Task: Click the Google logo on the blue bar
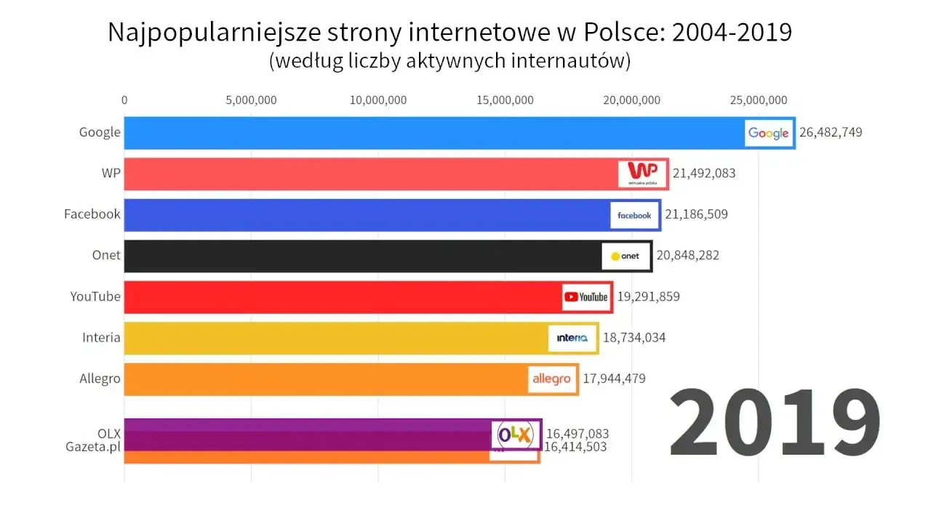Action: (x=769, y=133)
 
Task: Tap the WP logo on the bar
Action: (x=642, y=174)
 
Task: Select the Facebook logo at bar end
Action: (x=634, y=215)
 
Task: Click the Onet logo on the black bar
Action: (x=626, y=256)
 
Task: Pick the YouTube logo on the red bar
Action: (x=586, y=296)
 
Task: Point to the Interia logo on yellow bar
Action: (x=572, y=338)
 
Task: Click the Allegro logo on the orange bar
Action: (x=551, y=378)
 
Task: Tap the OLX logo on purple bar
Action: (x=515, y=434)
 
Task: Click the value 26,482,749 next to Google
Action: (x=831, y=132)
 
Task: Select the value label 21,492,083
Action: (x=704, y=173)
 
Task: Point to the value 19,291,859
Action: (x=649, y=296)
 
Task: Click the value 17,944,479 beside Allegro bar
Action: (x=614, y=378)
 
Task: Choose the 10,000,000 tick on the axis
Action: (x=378, y=100)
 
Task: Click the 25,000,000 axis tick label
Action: (x=758, y=100)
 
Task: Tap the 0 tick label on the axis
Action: (x=124, y=100)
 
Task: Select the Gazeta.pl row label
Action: (x=92, y=446)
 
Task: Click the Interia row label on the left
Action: (x=101, y=337)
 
